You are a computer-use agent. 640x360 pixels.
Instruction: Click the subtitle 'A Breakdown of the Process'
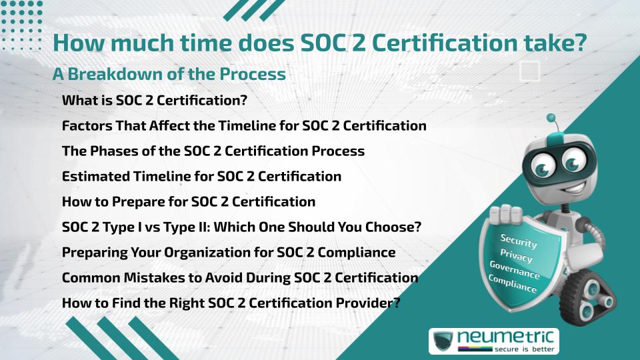point(169,74)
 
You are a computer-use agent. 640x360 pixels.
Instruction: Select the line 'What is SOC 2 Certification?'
point(155,100)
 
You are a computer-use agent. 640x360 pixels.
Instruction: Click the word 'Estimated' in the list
point(96,176)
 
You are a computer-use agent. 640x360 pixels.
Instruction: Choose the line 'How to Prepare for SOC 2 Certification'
point(189,201)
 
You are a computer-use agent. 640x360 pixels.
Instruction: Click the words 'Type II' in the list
point(187,227)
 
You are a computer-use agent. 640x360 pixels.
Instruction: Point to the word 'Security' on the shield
point(519,241)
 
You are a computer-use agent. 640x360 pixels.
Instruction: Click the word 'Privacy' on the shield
point(516,255)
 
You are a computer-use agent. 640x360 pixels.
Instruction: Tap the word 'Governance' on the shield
point(514,269)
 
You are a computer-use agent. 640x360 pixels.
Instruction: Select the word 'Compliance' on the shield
point(512,284)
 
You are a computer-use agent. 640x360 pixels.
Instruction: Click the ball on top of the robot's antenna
point(551,118)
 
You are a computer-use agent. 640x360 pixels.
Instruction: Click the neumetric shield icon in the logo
point(443,341)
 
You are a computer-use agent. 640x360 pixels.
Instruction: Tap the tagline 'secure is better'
point(525,349)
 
